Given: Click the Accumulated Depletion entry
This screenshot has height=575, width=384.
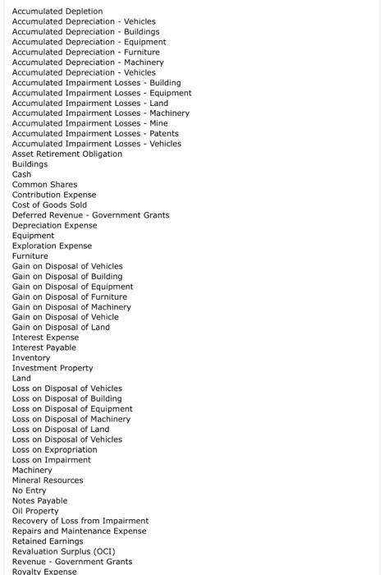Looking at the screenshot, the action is point(57,11).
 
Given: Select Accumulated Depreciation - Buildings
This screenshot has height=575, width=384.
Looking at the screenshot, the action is point(85,32).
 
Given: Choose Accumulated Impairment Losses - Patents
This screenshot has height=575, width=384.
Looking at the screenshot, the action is point(95,134).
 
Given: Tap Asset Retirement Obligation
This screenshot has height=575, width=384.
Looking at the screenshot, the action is point(66,154).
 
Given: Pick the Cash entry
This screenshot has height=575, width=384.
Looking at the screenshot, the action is point(21,174).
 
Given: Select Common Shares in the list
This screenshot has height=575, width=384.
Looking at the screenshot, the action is point(44,185).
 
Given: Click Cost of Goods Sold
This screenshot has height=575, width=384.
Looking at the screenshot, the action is point(49,205).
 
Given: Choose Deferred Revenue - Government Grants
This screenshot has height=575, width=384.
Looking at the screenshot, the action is point(90,215).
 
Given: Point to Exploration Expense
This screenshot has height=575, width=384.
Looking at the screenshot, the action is point(52,246).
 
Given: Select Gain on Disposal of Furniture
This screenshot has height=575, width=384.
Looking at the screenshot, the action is point(70,297).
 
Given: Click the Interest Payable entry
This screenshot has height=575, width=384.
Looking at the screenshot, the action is point(43,347).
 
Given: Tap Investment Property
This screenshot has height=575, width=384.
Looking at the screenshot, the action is point(53,368).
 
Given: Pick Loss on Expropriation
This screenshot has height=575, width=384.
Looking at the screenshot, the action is point(54,449).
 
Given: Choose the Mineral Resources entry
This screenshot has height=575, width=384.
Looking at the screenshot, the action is point(48,481).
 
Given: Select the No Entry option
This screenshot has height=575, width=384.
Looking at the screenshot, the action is point(30,490).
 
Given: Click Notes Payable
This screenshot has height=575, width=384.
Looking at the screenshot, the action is point(39,501).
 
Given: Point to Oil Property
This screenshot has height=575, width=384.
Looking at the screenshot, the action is point(35,511).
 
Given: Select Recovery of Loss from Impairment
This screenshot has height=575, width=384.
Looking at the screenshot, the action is point(80,521).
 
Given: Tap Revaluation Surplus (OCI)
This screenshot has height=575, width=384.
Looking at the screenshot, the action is point(63,551).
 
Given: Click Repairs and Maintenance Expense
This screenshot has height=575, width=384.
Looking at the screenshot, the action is point(79,531).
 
